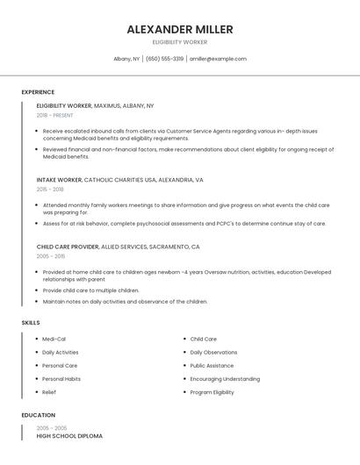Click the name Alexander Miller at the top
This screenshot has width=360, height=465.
point(180,29)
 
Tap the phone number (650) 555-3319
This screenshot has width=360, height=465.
point(164,59)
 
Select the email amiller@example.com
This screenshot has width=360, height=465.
point(219,59)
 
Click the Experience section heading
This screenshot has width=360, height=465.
point(38,92)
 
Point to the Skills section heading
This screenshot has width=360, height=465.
point(31,323)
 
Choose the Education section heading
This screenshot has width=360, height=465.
point(39,415)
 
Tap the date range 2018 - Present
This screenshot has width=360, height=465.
point(55,115)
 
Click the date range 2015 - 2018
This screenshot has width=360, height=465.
point(50,189)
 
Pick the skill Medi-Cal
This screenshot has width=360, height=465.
point(54,339)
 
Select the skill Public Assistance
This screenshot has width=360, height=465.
point(212,365)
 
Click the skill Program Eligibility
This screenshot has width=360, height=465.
point(212,392)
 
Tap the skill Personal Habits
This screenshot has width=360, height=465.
point(61,379)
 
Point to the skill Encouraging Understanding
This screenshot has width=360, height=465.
point(225,379)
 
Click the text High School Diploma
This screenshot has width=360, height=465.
point(69,436)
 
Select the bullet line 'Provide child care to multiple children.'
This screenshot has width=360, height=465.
point(90,290)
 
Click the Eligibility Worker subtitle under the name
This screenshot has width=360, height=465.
point(180,42)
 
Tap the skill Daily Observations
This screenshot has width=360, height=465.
point(213,352)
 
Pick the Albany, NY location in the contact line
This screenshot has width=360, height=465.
point(126,59)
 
